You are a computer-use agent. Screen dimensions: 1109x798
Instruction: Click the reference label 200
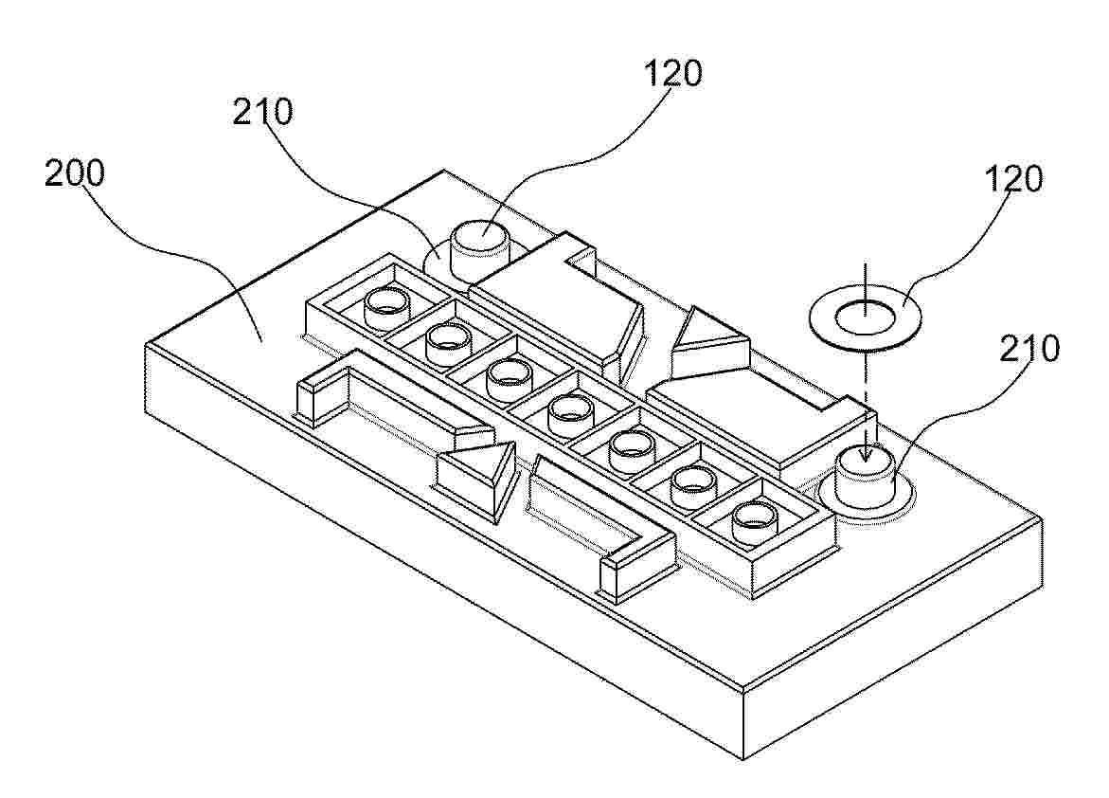coord(74,173)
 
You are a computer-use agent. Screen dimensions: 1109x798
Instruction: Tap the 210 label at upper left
coord(262,113)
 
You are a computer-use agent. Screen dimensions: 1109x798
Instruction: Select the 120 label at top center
coord(672,74)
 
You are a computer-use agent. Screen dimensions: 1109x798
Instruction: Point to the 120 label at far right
coord(1013,180)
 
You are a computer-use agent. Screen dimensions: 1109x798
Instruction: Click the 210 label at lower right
coord(1029,349)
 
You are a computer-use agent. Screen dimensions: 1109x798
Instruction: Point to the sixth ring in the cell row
coord(694,486)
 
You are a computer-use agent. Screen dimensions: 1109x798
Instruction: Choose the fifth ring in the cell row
coord(633,449)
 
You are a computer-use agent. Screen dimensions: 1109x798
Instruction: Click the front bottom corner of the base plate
coord(744,760)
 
